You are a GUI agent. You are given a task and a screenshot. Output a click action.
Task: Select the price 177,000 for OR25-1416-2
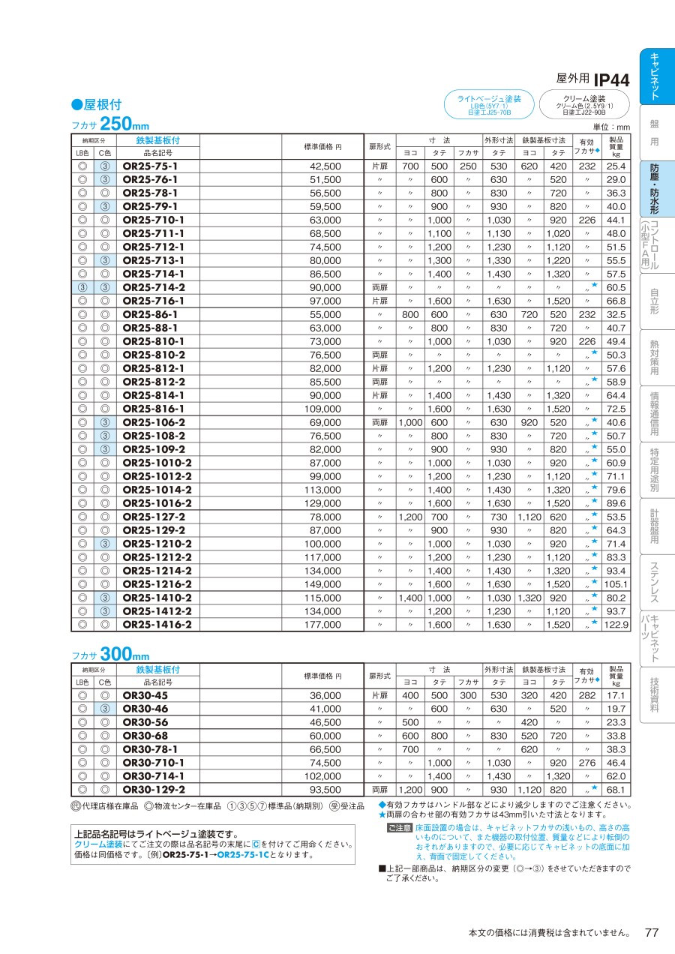tap(325, 624)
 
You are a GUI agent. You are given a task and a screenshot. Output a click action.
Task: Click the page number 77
tap(652, 932)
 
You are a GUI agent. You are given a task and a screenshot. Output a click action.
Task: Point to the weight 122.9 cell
tap(616, 624)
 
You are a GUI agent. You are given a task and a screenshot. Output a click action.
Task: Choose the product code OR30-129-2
tap(153, 789)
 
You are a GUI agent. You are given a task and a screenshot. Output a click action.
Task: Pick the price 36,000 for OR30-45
tap(325, 695)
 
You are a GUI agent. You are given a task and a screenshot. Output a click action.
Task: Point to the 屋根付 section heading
tap(96, 105)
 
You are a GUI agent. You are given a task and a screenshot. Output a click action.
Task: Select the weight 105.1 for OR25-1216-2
tap(616, 583)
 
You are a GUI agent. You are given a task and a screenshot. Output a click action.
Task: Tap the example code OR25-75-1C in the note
tap(243, 854)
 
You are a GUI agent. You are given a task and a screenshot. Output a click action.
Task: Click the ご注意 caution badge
tap(399, 828)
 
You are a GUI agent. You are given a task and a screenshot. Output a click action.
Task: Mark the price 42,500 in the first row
tap(325, 166)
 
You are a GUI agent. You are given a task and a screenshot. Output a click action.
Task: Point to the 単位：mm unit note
tap(612, 127)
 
